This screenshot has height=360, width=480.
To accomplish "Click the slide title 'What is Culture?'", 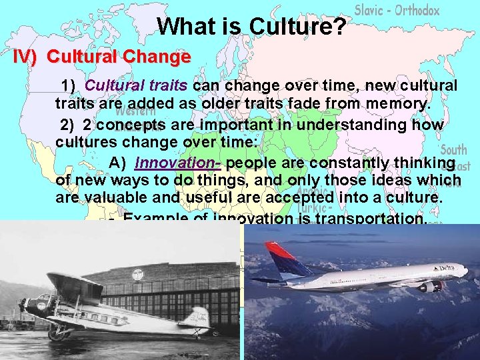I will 251,26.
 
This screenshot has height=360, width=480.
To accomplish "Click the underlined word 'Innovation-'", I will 178,163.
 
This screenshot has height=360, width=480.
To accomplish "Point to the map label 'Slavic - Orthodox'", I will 397,10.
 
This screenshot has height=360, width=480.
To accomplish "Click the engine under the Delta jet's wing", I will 430,287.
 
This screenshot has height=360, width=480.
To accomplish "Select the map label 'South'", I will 453,149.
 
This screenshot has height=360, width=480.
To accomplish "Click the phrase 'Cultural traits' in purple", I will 137,86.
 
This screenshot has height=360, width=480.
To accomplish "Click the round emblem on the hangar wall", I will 137,274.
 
